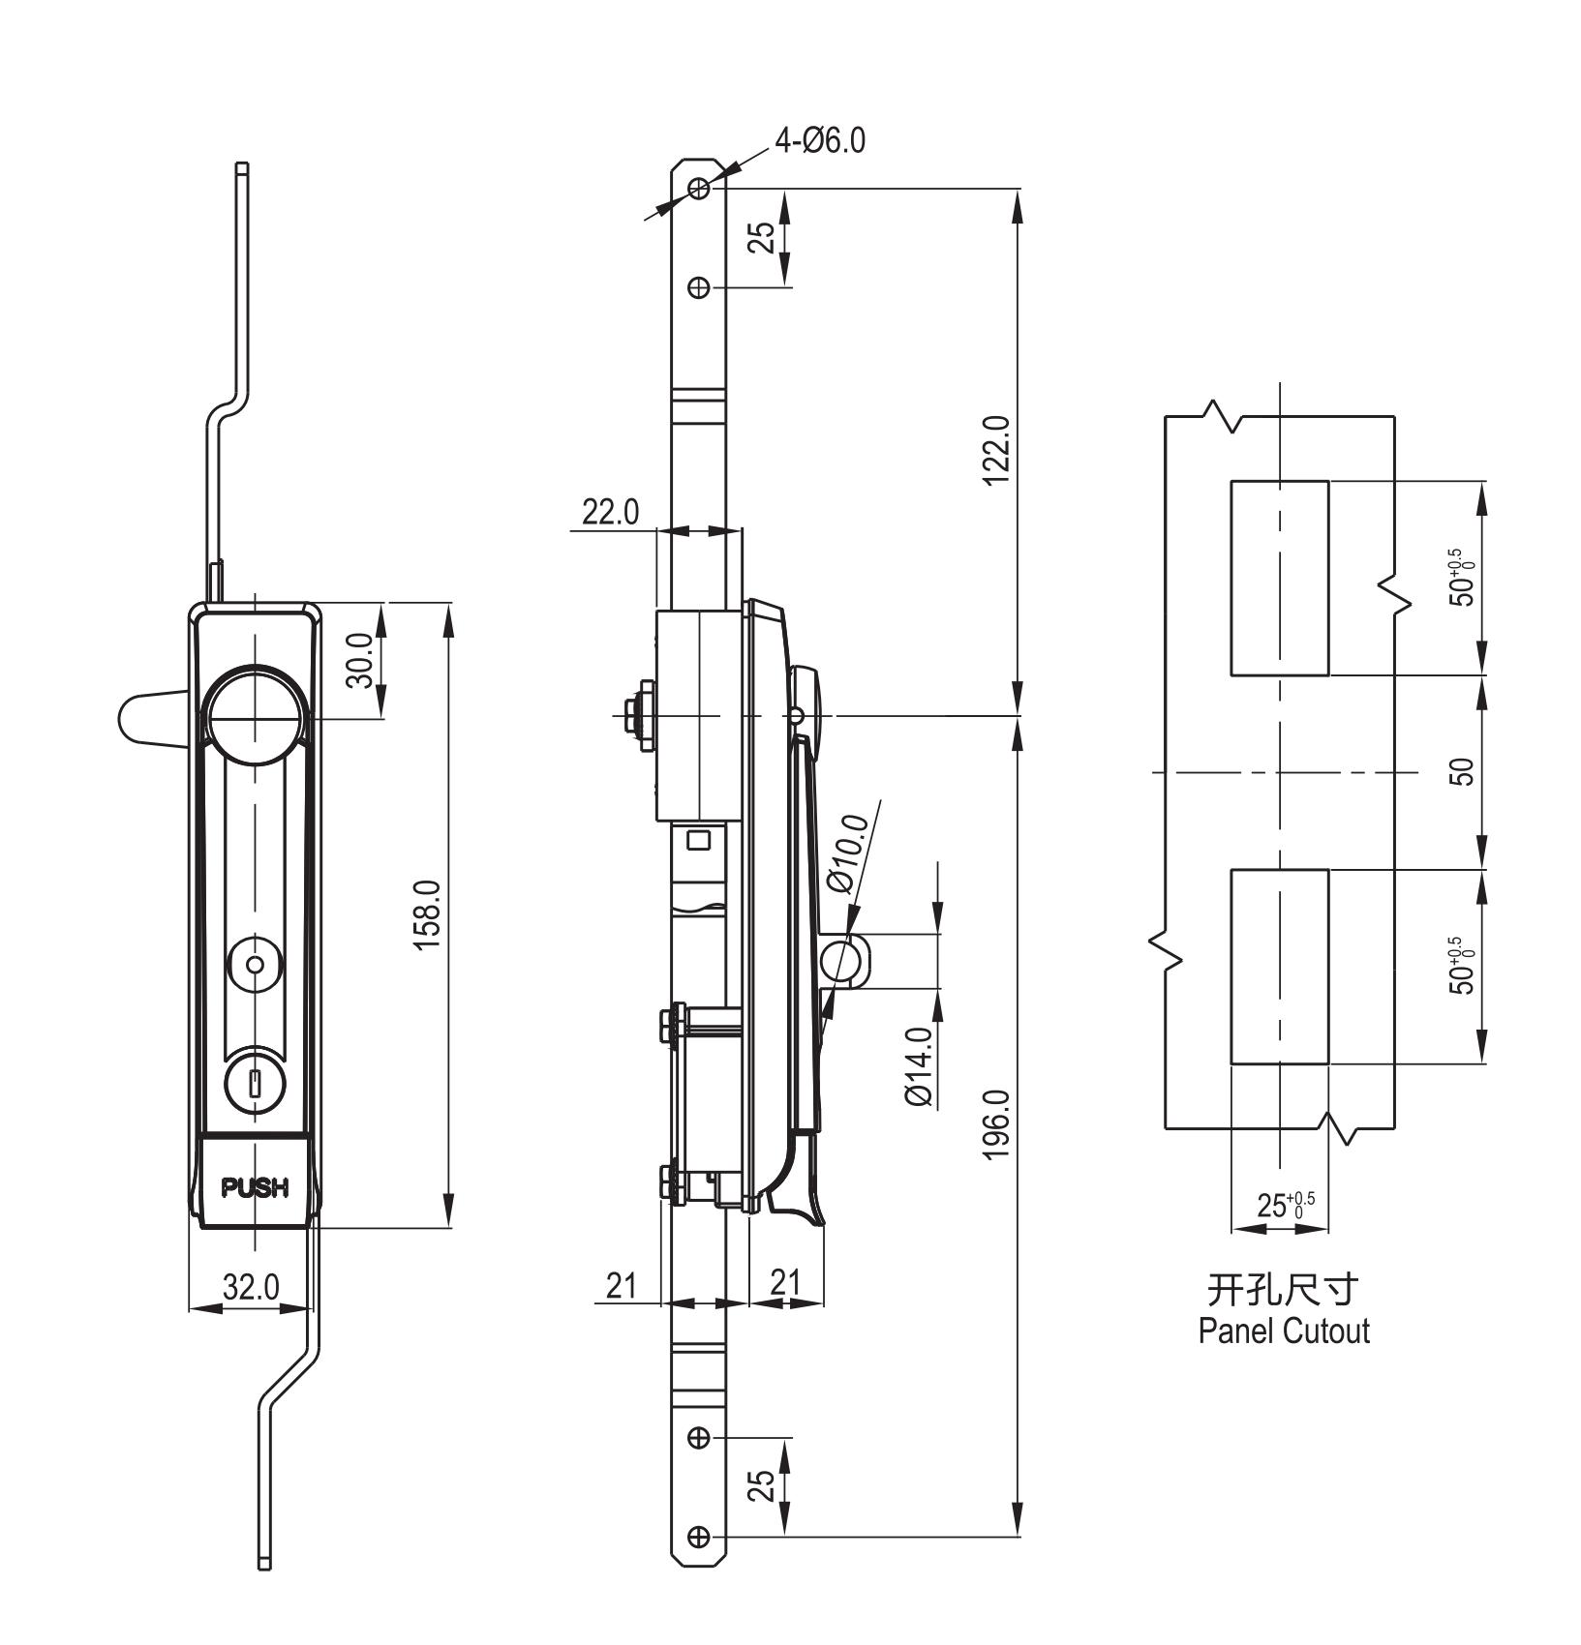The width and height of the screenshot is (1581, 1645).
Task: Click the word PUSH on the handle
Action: (256, 1187)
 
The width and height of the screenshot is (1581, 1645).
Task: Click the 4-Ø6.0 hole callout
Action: (819, 141)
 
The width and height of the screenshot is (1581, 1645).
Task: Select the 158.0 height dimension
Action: (427, 915)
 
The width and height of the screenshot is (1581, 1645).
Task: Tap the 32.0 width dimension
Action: (251, 1287)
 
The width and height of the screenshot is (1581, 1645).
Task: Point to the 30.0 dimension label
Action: (359, 660)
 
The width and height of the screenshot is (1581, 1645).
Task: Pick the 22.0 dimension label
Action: (609, 513)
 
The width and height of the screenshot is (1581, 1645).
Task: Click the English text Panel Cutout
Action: (1284, 1331)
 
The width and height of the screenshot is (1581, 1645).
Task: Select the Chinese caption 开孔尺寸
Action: (1284, 1290)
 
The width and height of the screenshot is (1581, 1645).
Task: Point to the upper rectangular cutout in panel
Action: (1279, 578)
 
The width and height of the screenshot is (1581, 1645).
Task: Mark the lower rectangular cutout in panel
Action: (1279, 967)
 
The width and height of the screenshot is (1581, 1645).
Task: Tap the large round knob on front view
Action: (256, 718)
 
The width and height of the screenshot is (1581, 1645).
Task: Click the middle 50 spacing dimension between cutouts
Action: (1465, 772)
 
